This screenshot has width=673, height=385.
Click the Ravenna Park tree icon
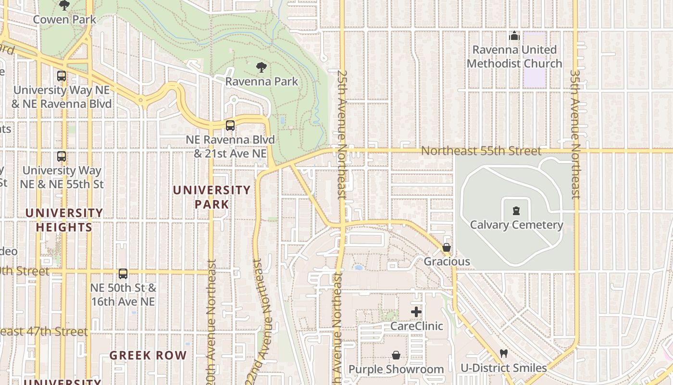262,67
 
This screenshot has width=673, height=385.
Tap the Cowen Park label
65,20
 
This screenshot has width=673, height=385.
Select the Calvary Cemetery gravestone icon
516,210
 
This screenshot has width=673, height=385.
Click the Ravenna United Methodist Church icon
514,36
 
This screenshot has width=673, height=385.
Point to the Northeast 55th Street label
481,151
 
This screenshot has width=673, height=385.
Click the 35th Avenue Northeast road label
575,135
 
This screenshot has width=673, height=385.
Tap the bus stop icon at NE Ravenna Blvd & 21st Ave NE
230,126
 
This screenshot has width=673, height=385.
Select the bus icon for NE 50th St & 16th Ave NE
123,274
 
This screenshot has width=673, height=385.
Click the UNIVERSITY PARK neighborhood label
212,197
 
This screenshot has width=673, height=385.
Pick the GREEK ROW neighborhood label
148,356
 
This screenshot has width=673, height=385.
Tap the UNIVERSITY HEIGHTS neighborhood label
64,220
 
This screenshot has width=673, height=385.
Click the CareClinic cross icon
416,312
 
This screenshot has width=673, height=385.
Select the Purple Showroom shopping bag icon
396,355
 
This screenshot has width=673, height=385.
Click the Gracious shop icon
447,248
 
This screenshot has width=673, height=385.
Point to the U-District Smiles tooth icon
504,354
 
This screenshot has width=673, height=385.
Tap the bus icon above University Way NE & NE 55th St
62,156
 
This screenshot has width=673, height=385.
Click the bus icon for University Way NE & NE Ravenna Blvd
62,76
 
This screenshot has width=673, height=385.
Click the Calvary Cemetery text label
516,225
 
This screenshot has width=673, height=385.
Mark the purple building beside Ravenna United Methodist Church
535,60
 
